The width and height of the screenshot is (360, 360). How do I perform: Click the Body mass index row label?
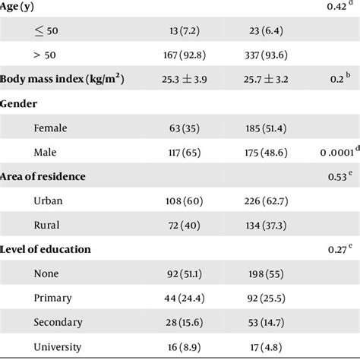62,79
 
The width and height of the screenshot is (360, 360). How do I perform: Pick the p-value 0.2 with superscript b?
338,79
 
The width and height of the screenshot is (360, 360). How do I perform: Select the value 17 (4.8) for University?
264,346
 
